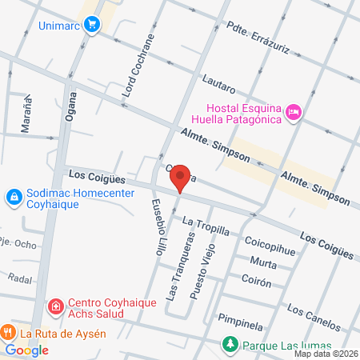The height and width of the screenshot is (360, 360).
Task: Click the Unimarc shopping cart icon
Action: coord(93,25)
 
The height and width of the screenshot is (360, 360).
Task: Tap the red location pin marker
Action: coord(180,177)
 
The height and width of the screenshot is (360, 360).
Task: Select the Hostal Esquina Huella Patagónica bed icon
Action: coord(294,113)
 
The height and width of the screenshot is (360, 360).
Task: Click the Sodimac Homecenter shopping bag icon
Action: coord(14,196)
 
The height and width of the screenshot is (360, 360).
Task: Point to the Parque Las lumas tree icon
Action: coord(230,345)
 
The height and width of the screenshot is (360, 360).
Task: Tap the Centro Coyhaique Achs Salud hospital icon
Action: coord(55,306)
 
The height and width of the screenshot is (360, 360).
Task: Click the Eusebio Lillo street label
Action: coord(158,227)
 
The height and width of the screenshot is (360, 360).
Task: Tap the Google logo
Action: coord(27,350)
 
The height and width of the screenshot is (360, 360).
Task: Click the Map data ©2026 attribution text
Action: coord(326,354)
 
